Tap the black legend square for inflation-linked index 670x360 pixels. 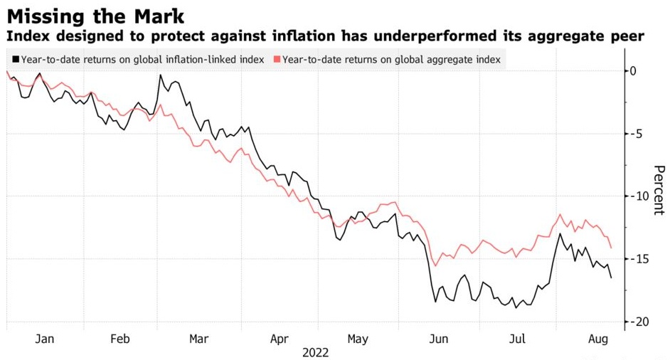tap(15, 60)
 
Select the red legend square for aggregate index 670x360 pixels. tap(277, 60)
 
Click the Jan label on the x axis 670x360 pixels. tap(45, 339)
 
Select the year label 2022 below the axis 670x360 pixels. tap(316, 353)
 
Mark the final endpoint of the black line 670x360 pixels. tap(611, 277)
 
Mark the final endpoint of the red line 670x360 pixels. tap(611, 248)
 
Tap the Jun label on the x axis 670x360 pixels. tap(439, 339)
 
